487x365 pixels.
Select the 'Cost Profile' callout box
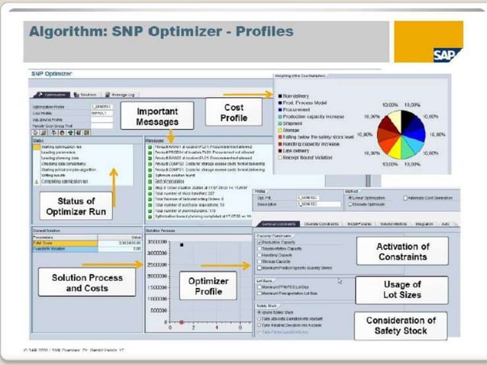[234, 113]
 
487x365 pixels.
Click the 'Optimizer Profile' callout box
[208, 286]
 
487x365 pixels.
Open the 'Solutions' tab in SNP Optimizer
[85, 94]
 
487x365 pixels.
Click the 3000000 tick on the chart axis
[156, 241]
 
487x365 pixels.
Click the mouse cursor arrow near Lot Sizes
[340, 281]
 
